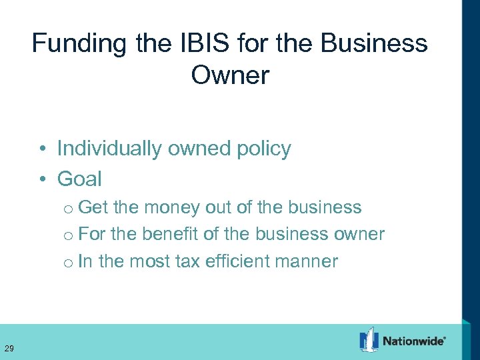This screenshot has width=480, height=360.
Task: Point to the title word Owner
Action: click(230, 75)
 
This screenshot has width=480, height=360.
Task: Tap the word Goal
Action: click(79, 179)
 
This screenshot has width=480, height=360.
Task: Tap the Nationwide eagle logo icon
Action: click(369, 340)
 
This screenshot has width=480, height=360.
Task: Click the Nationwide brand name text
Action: click(413, 342)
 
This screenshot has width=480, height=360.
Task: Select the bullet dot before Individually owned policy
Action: click(42, 149)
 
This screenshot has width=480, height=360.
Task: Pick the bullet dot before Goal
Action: click(42, 179)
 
